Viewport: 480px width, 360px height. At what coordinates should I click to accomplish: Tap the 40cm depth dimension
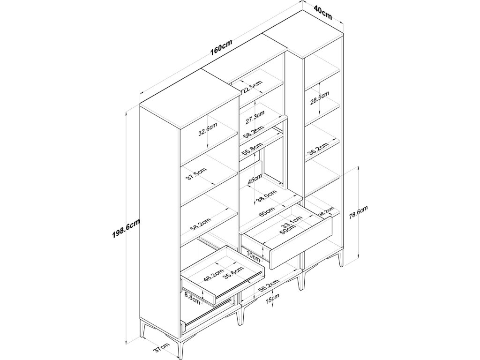[323, 13]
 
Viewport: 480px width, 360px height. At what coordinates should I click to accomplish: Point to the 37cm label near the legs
[161, 348]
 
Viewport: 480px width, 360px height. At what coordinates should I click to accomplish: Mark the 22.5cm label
[252, 88]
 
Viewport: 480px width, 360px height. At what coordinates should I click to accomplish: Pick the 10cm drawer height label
[253, 255]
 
